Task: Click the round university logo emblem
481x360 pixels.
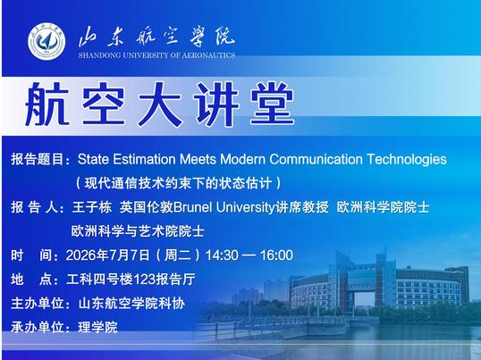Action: (46, 41)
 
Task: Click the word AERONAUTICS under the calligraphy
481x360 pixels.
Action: (208, 55)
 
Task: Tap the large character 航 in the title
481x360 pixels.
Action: (46, 104)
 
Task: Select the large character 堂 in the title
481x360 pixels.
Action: (273, 104)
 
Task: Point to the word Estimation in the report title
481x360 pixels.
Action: (145, 159)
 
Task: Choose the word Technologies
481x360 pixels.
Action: (407, 160)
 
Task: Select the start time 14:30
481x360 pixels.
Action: (222, 255)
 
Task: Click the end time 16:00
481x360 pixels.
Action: (276, 255)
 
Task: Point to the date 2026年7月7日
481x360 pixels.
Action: (107, 255)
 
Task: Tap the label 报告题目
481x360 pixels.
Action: (38, 159)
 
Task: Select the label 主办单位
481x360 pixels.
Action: (38, 304)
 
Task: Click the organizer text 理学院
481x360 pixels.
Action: (97, 327)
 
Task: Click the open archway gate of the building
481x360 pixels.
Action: (364, 298)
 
